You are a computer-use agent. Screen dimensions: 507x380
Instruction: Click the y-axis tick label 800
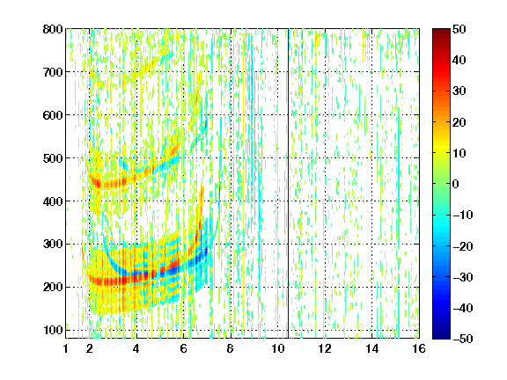(53, 29)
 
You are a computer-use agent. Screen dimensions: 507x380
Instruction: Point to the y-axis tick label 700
(53, 72)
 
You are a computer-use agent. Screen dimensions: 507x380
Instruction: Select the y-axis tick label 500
(53, 158)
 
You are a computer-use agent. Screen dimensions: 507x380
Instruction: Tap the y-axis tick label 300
(53, 244)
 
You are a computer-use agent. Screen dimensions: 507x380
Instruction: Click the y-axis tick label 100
(53, 330)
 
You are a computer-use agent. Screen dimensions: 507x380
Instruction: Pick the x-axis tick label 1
(66, 348)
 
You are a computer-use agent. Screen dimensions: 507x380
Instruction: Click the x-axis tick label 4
(136, 348)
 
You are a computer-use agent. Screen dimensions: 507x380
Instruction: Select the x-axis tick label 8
(231, 348)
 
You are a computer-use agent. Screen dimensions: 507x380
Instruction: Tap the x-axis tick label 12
(325, 348)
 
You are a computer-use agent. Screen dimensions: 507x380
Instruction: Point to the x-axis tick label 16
(419, 348)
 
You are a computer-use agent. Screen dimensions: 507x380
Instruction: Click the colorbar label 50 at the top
(459, 29)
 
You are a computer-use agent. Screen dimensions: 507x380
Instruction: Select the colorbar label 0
(456, 184)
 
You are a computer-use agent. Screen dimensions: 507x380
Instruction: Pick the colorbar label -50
(463, 339)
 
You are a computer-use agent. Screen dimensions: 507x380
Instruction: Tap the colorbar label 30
(459, 91)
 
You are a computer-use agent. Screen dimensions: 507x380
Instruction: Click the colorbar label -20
(463, 246)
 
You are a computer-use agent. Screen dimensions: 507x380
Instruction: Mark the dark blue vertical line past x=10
(288, 183)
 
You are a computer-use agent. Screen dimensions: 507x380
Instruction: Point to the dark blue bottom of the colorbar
(441, 336)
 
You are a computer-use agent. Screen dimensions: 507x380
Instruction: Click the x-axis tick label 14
(371, 348)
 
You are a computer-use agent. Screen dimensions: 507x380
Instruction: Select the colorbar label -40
(463, 308)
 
